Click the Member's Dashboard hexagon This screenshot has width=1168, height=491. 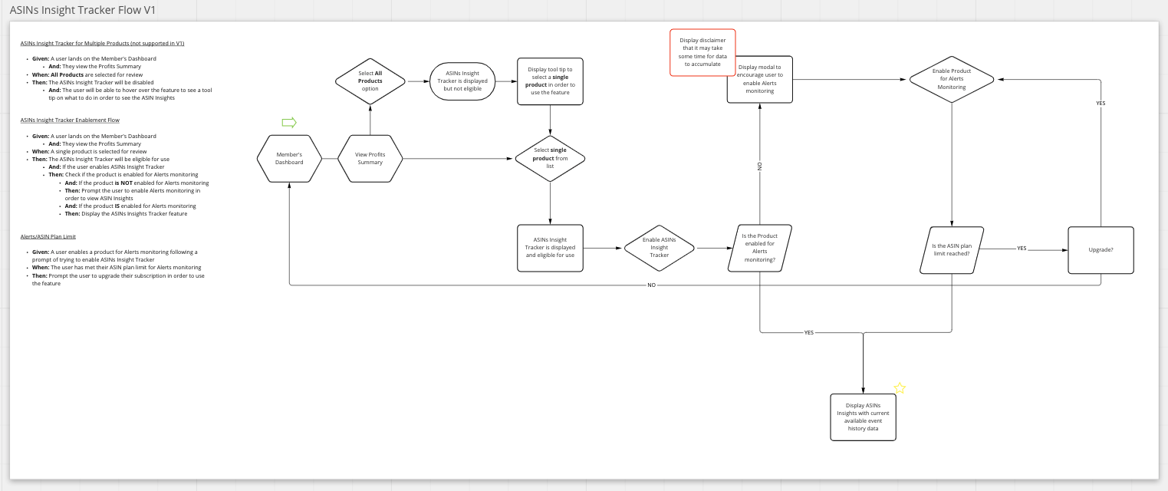[x=289, y=158]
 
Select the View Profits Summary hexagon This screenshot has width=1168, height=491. [x=370, y=158]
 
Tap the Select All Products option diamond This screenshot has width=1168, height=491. [x=370, y=81]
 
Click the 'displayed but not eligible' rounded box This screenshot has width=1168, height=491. [x=462, y=81]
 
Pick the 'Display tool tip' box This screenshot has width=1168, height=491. [x=550, y=81]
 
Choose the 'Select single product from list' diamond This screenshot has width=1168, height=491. [x=550, y=158]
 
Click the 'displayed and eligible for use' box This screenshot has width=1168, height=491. [x=550, y=248]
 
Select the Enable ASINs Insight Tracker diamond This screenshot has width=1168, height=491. [x=659, y=248]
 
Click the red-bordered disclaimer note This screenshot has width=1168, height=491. [x=702, y=52]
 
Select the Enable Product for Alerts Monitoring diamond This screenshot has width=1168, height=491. [x=951, y=79]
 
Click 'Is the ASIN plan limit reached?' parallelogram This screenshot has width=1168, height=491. [x=951, y=249]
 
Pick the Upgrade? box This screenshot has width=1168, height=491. [x=1101, y=250]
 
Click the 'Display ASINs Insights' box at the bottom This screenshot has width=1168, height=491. [x=863, y=417]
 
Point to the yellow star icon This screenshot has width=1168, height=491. [x=900, y=388]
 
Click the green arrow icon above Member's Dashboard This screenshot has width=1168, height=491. [x=289, y=123]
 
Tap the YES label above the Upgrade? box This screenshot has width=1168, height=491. [x=1101, y=103]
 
